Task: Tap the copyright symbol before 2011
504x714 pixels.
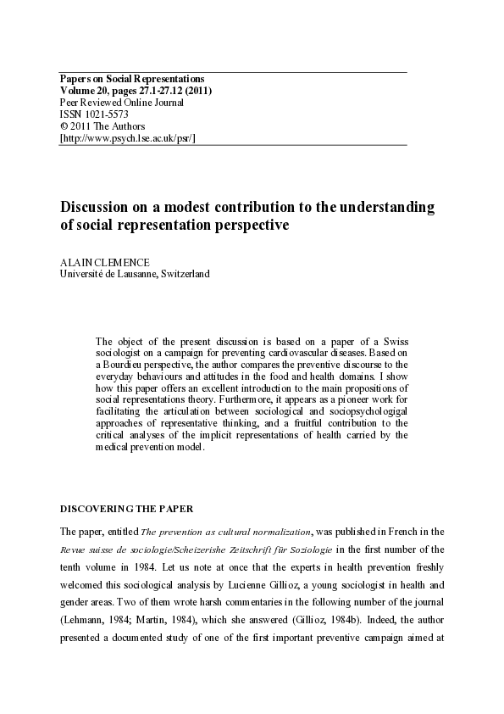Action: [63, 126]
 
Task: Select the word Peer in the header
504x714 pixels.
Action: [69, 103]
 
